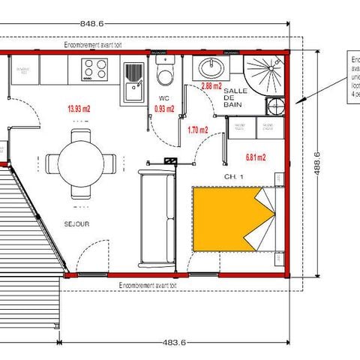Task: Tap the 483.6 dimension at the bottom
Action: tap(175, 343)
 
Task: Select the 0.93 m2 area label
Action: tap(164, 109)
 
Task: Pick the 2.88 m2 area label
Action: tap(212, 86)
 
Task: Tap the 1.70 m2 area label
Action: tap(197, 130)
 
